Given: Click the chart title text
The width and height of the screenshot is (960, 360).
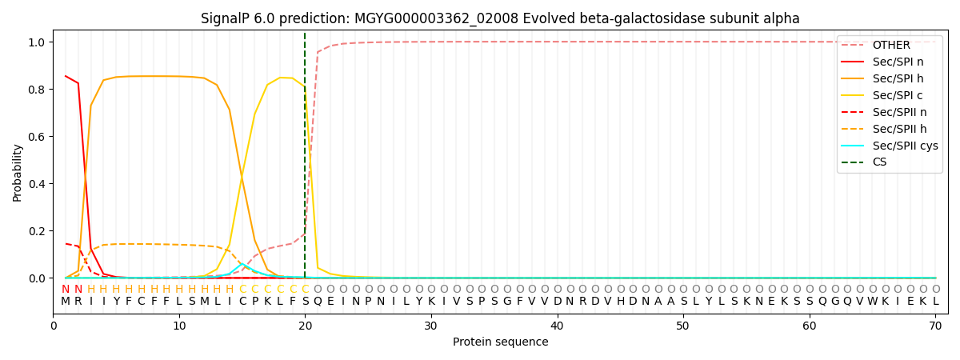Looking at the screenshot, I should (500, 18).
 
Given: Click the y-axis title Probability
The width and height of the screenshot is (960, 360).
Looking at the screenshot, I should (17, 172).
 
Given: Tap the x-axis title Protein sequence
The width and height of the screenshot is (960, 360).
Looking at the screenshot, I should (500, 342).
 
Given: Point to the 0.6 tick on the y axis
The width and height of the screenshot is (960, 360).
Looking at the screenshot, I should (38, 137).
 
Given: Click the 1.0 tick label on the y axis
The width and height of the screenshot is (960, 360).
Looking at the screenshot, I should (38, 42).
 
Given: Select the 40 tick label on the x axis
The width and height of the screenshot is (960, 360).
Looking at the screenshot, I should (557, 325).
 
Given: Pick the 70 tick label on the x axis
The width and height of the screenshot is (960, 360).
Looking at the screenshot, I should (935, 325).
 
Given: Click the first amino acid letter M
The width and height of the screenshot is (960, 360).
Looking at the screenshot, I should (66, 302).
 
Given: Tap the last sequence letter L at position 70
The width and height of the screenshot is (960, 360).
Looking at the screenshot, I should (935, 302).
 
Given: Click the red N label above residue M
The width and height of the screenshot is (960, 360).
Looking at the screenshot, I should (66, 290).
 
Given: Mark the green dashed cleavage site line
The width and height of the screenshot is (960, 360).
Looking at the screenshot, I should (305, 160).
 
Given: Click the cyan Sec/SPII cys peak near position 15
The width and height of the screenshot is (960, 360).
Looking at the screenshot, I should (242, 264).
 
